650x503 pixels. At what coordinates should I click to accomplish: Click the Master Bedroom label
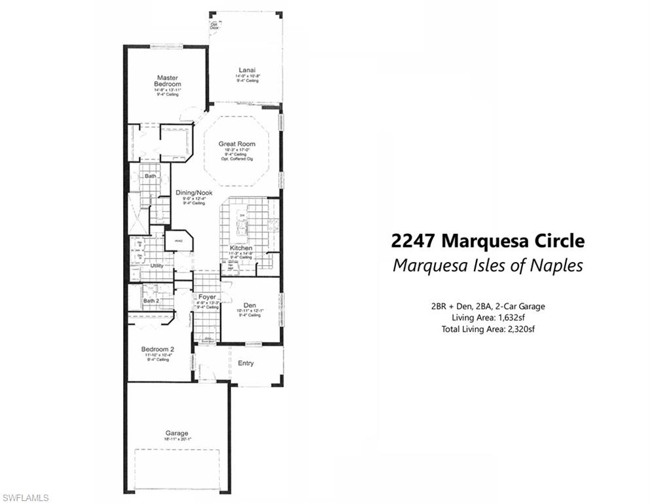coord(167,81)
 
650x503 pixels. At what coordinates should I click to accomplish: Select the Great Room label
coord(237,143)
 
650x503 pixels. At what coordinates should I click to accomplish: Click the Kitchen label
coord(240,249)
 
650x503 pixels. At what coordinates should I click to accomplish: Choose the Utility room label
coord(157,265)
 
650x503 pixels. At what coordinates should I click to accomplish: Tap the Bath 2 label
coord(151,301)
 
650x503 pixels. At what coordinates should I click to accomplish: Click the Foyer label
coord(207,296)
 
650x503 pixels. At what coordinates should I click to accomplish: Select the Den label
coord(249,305)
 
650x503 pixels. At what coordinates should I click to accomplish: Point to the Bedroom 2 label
coord(158,349)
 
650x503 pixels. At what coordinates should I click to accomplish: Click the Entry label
coord(245,363)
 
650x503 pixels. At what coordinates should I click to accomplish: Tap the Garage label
coord(177,433)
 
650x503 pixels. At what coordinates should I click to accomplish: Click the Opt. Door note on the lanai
coord(214,27)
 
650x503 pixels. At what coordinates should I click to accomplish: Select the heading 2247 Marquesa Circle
coord(487,241)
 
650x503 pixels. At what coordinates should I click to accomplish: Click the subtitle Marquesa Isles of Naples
coord(487,266)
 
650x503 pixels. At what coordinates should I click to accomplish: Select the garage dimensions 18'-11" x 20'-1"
coord(177,440)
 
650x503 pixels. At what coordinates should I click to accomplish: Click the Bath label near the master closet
coord(151,176)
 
